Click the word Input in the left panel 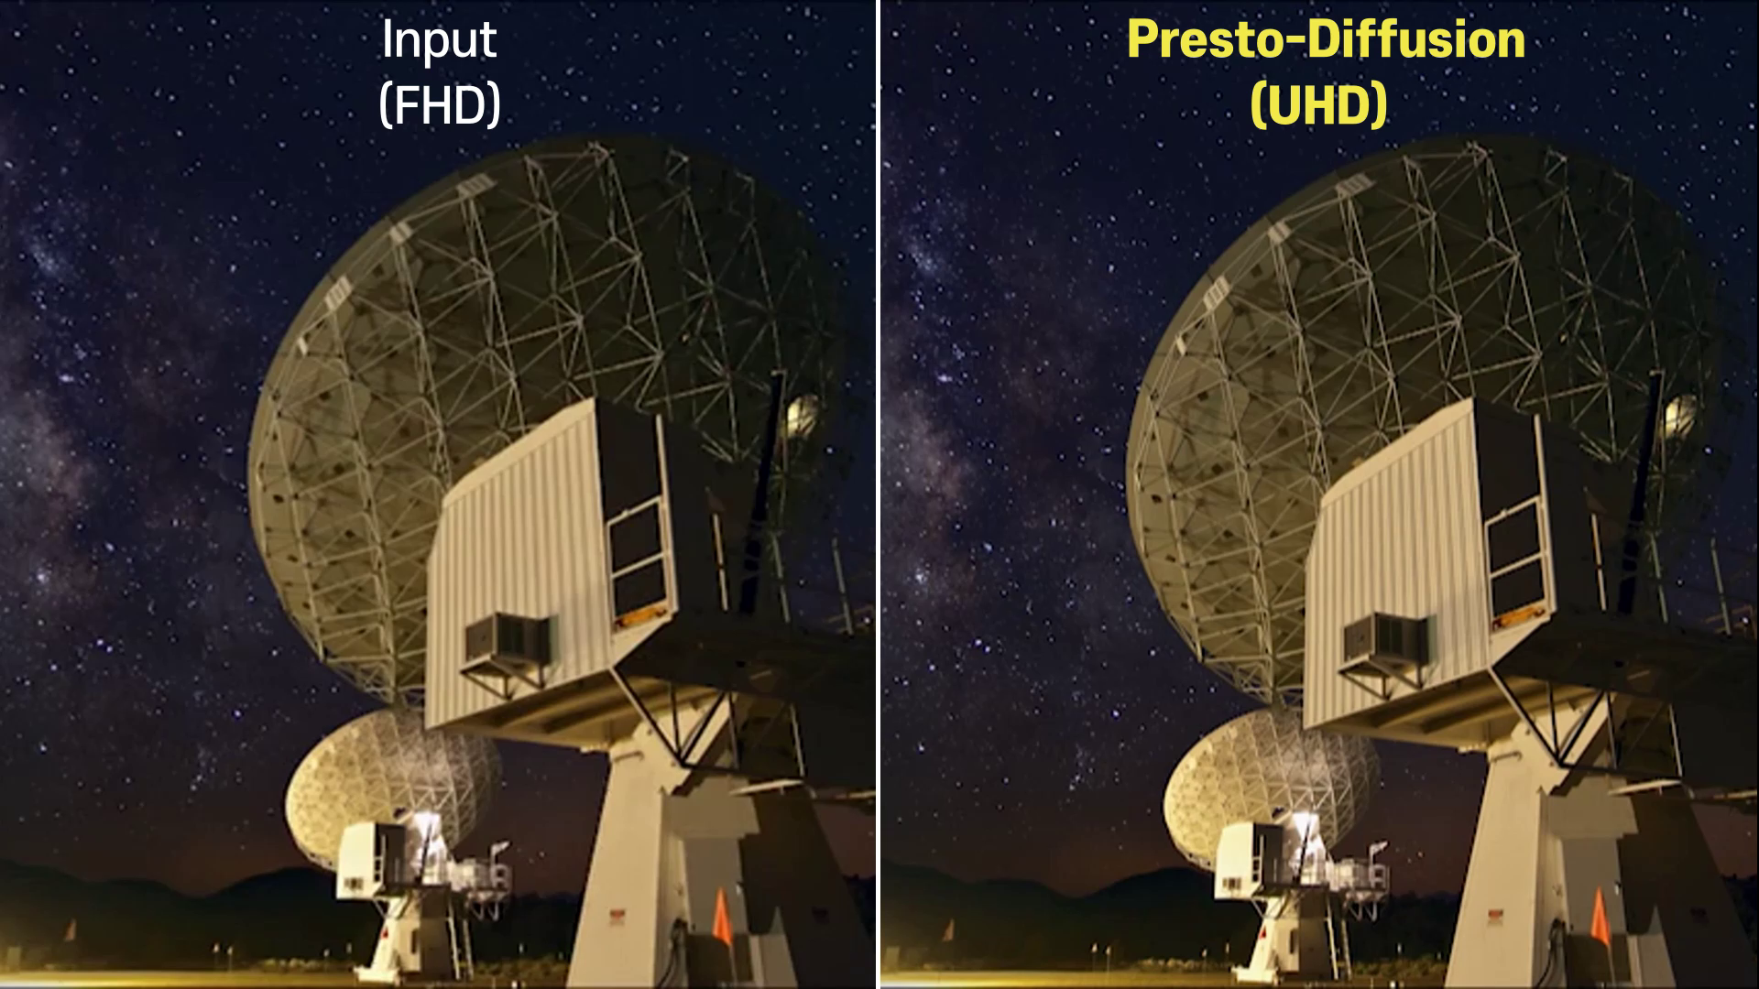(x=439, y=41)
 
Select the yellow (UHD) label (x=1318, y=104)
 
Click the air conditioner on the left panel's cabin (x=509, y=638)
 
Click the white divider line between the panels (x=878, y=494)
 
